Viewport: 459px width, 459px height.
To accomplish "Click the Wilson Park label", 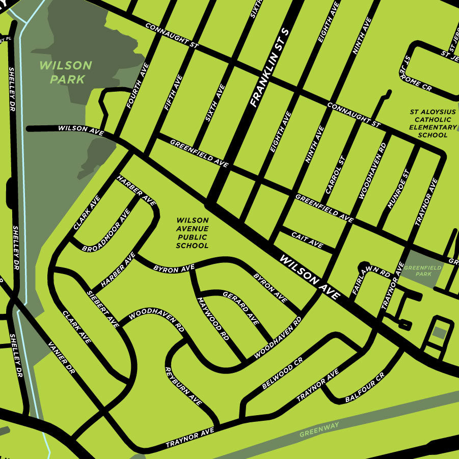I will click(x=65, y=72).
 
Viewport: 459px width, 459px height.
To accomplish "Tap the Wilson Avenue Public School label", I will click(x=192, y=233).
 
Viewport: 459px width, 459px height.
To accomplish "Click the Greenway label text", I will click(x=319, y=430).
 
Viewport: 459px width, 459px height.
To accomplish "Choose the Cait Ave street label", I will click(x=307, y=240).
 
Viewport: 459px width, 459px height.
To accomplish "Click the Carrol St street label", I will click(x=335, y=174).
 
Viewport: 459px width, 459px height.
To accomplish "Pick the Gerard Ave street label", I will click(x=241, y=307).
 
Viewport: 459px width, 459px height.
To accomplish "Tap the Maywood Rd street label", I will click(x=213, y=318).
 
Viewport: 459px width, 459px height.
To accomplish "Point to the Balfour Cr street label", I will click(x=364, y=389).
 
